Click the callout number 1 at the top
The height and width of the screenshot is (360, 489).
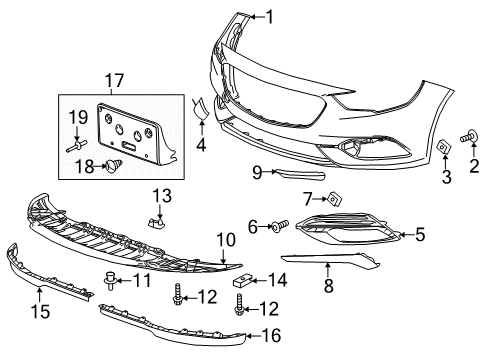tap(268, 15)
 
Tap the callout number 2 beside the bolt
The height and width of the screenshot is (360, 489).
tap(473, 166)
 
